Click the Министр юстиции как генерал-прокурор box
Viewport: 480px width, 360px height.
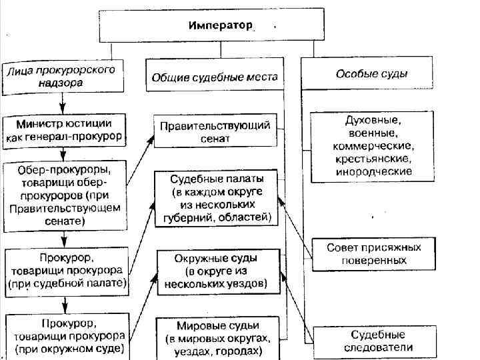pyautogui.click(x=65, y=130)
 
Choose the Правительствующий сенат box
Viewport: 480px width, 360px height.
pyautogui.click(x=215, y=131)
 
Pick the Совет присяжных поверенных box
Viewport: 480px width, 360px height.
pyautogui.click(x=374, y=254)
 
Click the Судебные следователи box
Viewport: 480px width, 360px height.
pyautogui.click(x=379, y=341)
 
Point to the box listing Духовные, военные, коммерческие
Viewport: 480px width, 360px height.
pyautogui.click(x=373, y=145)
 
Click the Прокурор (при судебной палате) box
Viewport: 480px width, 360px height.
pyautogui.click(x=67, y=270)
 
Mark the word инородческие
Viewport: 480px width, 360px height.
pyautogui.click(x=373, y=171)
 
